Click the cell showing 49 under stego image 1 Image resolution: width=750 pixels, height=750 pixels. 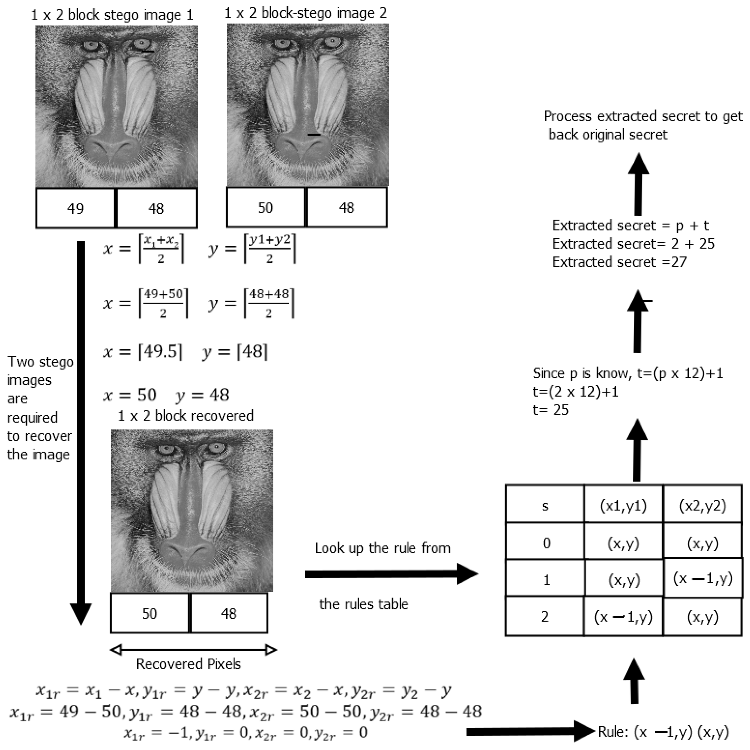point(75,208)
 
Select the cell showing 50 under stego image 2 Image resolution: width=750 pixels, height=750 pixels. point(266,208)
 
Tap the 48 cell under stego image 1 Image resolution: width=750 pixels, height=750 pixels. point(156,208)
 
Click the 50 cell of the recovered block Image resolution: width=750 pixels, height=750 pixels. point(149,613)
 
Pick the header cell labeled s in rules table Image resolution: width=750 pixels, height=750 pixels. point(545,505)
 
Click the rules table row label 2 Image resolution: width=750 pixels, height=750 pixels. point(545,617)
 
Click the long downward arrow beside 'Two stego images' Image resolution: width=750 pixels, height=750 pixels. point(81,427)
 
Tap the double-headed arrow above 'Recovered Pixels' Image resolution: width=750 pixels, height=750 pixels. point(193,650)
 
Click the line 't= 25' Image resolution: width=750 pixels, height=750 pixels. point(551,410)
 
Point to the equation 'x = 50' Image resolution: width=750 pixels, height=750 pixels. point(130,395)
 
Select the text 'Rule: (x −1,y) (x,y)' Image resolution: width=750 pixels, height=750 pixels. point(663,732)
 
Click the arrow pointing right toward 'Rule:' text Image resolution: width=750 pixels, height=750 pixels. point(530,732)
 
